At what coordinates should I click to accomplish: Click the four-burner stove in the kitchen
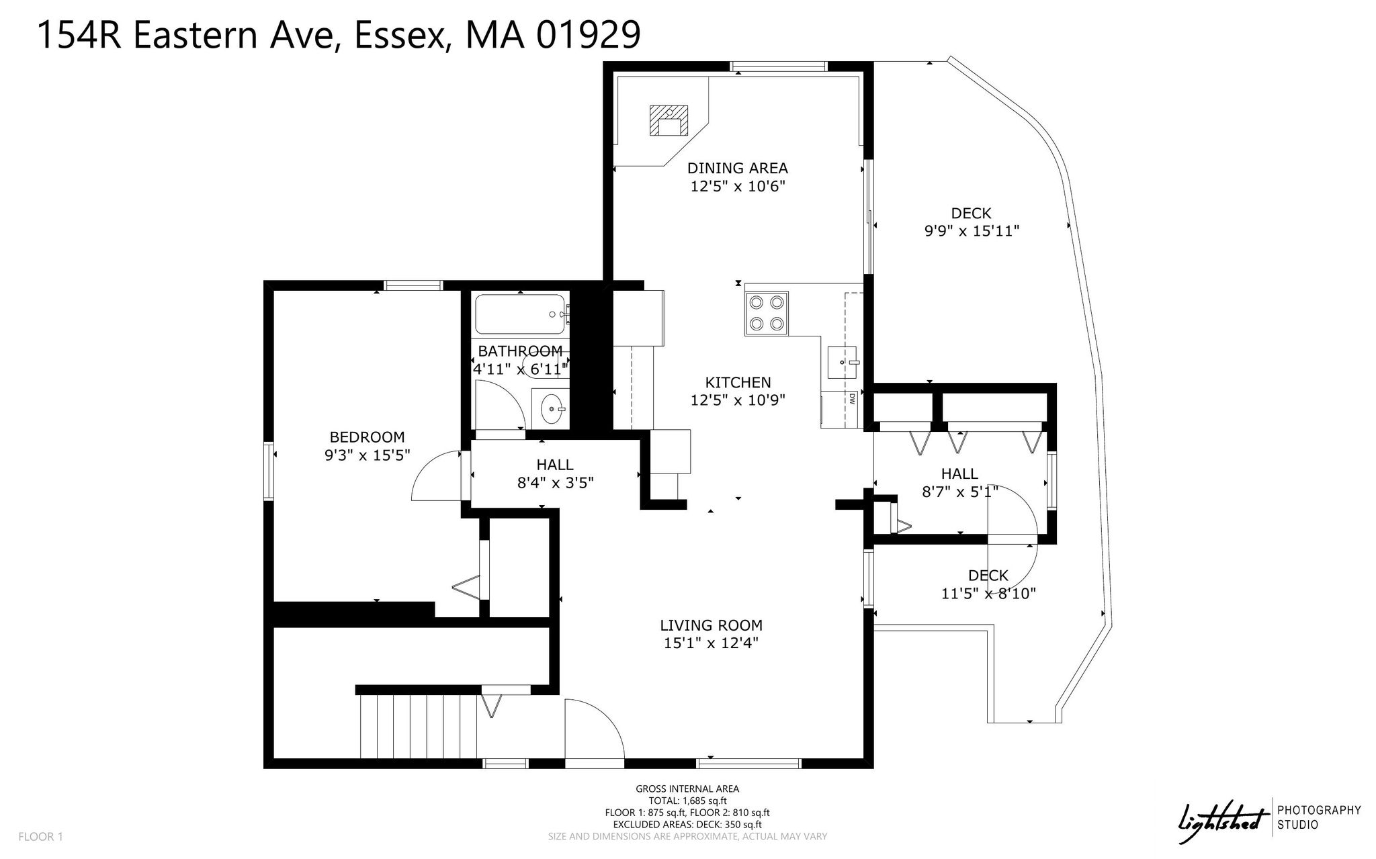pyautogui.click(x=766, y=313)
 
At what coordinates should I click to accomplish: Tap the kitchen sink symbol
pyautogui.click(x=845, y=363)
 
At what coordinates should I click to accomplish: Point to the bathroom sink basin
pyautogui.click(x=552, y=407)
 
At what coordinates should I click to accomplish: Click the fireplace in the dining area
pyautogui.click(x=669, y=121)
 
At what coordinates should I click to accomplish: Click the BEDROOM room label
pyautogui.click(x=367, y=437)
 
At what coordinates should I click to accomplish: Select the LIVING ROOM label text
pyautogui.click(x=711, y=625)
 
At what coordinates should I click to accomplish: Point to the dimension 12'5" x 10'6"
pyautogui.click(x=738, y=186)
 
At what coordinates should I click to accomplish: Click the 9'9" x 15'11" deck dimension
pyautogui.click(x=972, y=231)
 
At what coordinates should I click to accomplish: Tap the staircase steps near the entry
pyautogui.click(x=421, y=727)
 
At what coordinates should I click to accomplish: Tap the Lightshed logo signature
pyautogui.click(x=1220, y=823)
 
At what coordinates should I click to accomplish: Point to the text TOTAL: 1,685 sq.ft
pyautogui.click(x=687, y=801)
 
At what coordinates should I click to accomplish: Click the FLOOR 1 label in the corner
pyautogui.click(x=40, y=837)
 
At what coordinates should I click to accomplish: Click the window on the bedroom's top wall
pyautogui.click(x=413, y=285)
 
